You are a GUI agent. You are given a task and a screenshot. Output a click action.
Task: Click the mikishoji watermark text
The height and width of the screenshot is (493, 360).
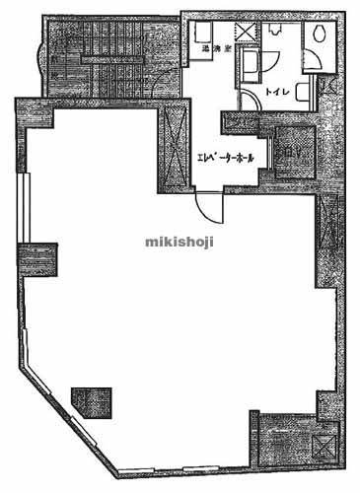point(180,239)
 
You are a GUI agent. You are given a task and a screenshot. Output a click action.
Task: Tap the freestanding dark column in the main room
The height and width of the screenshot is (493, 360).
point(92,400)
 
